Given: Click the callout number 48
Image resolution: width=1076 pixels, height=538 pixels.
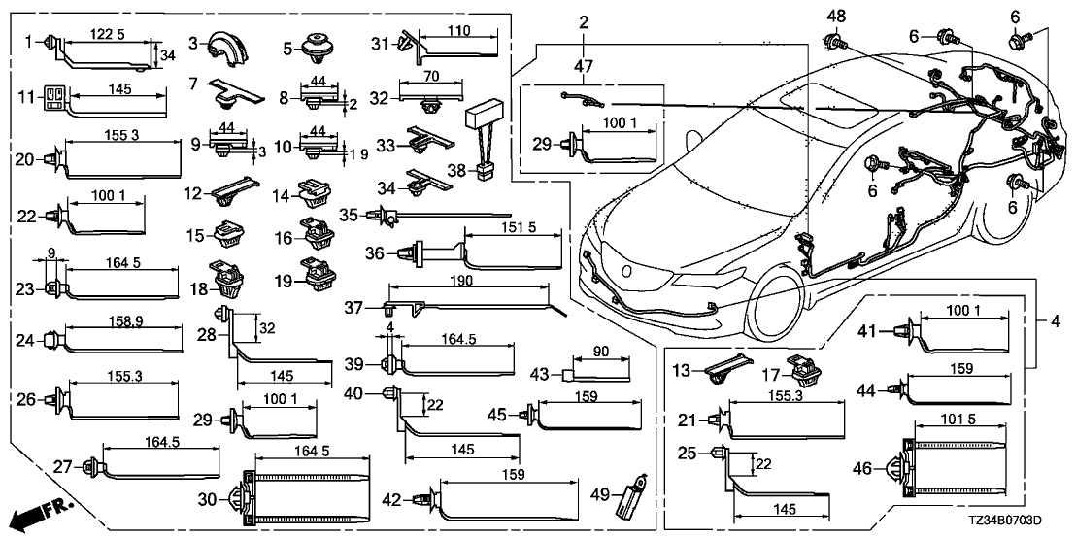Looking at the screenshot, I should [836, 15].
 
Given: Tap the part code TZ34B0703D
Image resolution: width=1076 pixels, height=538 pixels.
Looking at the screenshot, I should [1021, 522].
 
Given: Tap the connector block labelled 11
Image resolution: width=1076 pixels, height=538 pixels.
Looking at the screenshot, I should [53, 97].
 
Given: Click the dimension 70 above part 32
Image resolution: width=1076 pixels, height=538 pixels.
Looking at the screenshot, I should [430, 75].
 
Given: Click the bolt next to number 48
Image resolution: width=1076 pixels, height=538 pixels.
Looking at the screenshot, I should [834, 41].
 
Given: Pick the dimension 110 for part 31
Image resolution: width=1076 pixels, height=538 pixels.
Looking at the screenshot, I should [456, 32].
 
